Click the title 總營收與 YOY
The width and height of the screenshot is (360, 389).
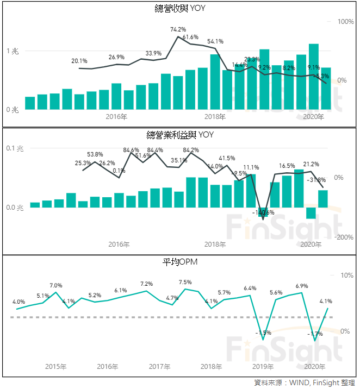pos(179,8)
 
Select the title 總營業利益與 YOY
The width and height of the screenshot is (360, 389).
pos(179,135)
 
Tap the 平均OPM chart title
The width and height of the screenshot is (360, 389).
pos(180,262)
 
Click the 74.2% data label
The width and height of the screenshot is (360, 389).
pos(178,29)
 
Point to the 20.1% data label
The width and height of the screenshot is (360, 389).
pos(79,61)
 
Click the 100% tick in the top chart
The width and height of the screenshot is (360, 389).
pos(346,22)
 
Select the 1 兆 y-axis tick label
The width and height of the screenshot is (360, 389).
pos(13,51)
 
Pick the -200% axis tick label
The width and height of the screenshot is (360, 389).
pos(344,237)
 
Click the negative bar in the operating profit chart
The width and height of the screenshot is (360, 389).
pos(311,213)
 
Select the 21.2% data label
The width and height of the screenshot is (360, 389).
pos(311,164)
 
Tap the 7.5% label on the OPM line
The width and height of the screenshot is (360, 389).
pos(185,282)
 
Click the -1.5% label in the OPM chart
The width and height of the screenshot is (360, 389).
pos(263,332)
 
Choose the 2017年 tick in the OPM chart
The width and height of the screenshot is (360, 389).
pos(159,367)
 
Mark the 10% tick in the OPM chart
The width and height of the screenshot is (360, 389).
pos(346,275)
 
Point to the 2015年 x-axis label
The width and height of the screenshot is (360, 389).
pos(56,367)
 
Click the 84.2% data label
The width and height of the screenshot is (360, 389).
pos(191,150)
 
